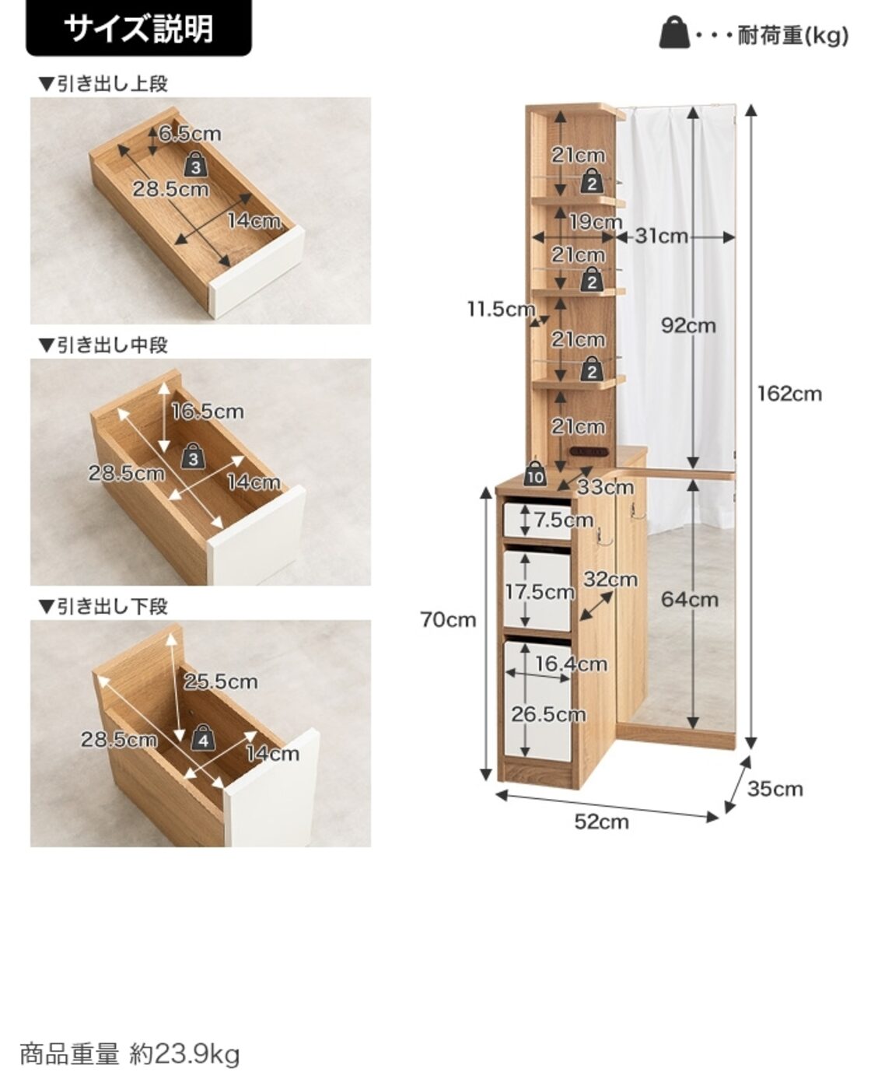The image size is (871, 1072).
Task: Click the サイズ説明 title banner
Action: pyautogui.click(x=138, y=28)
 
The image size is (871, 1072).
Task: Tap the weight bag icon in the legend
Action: pyautogui.click(x=675, y=32)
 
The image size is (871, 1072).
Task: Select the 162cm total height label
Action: pyautogui.click(x=789, y=394)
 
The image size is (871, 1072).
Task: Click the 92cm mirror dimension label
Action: pyautogui.click(x=688, y=326)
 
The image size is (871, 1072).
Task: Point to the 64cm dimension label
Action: pyautogui.click(x=689, y=600)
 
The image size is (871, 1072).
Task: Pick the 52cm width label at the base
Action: pyautogui.click(x=602, y=822)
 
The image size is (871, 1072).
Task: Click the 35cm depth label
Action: pyautogui.click(x=775, y=789)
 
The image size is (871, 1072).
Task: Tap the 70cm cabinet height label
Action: pyautogui.click(x=448, y=619)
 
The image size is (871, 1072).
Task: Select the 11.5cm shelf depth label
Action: pyautogui.click(x=501, y=309)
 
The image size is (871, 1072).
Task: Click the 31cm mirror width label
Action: pyautogui.click(x=661, y=236)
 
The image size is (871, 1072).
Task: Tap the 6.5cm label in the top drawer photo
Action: pyautogui.click(x=190, y=134)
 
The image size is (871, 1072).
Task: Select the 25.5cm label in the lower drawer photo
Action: pyautogui.click(x=220, y=682)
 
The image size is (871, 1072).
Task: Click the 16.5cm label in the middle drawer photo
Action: pyautogui.click(x=208, y=412)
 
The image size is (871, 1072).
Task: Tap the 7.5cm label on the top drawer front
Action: pyautogui.click(x=564, y=520)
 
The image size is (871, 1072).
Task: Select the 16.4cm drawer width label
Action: pyautogui.click(x=571, y=664)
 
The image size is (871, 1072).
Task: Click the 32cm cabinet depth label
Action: pyautogui.click(x=610, y=580)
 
